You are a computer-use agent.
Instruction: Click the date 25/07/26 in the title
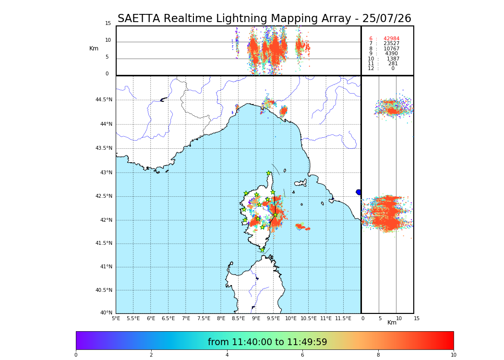tap(390, 19)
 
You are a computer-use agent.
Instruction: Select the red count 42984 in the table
tap(391, 39)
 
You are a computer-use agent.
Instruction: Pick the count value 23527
tap(391, 44)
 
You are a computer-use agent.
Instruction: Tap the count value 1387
tap(393, 59)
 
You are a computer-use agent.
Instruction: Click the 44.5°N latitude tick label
tap(104, 100)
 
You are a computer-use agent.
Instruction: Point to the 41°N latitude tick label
tap(106, 267)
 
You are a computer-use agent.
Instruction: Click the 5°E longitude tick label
tap(116, 318)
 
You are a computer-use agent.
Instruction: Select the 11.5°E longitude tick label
tap(343, 318)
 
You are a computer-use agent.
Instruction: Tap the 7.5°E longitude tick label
tap(204, 318)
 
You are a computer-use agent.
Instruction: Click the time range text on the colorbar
tap(267, 342)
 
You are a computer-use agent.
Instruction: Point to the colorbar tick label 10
tap(453, 355)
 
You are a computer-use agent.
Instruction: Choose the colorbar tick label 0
tap(76, 355)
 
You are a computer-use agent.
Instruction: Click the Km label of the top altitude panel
tap(94, 48)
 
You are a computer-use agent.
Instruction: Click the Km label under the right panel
tap(392, 323)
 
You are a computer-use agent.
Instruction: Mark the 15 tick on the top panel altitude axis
tap(108, 24)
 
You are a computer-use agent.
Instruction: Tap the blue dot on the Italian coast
tap(359, 192)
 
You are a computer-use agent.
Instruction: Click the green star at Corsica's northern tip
tap(269, 173)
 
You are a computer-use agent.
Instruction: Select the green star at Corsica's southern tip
tap(262, 250)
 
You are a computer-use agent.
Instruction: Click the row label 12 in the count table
tap(371, 69)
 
